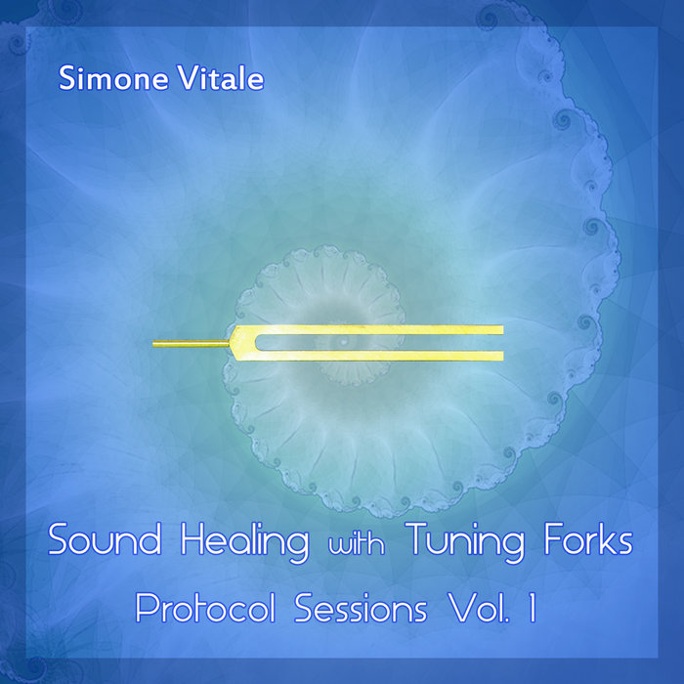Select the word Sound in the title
pos(97,540)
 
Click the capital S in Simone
pos(66,80)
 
